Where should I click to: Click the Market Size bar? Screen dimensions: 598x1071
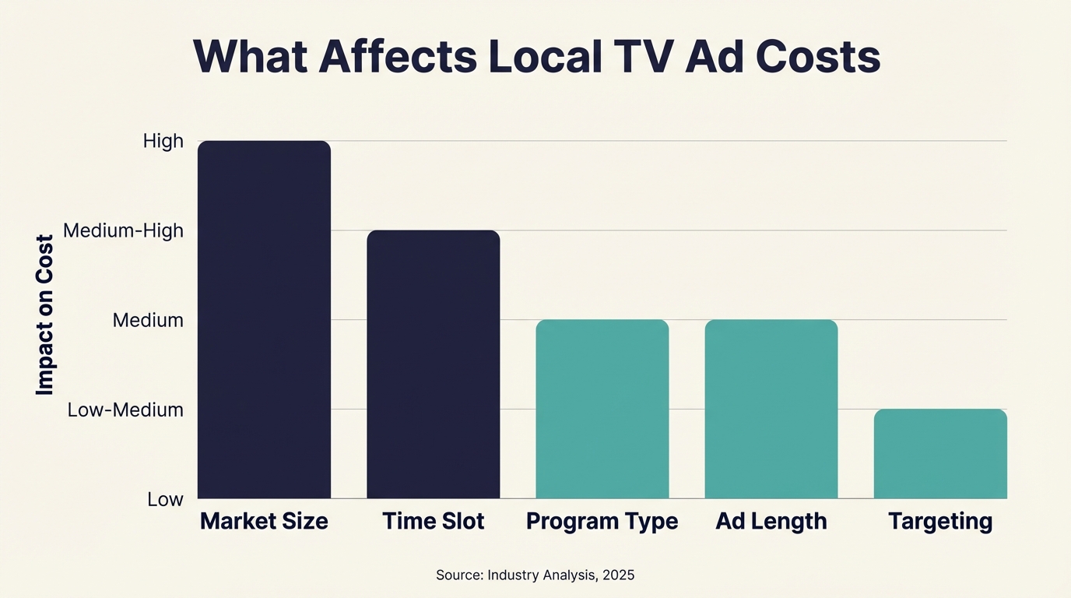tap(264, 319)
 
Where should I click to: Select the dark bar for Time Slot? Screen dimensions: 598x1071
tap(433, 364)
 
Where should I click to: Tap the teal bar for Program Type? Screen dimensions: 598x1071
tap(602, 409)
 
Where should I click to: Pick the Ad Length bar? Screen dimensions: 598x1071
tap(771, 409)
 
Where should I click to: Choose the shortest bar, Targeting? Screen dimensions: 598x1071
tap(940, 453)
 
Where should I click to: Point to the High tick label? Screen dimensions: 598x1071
tap(163, 141)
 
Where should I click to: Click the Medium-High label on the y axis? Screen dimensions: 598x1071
tap(123, 230)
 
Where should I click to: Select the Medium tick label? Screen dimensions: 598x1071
tap(148, 320)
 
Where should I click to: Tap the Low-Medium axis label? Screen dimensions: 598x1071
tap(125, 410)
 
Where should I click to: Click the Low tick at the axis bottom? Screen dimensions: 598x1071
tap(165, 499)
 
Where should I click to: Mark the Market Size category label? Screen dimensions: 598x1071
tap(264, 521)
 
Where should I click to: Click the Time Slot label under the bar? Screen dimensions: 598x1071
tap(433, 521)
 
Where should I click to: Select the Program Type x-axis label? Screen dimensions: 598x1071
tap(602, 521)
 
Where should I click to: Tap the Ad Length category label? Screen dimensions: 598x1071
tap(771, 521)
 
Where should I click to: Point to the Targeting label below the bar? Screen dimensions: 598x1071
tap(940, 521)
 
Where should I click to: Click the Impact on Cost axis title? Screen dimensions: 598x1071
tap(45, 315)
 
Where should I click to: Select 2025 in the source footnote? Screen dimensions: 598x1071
tap(618, 575)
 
